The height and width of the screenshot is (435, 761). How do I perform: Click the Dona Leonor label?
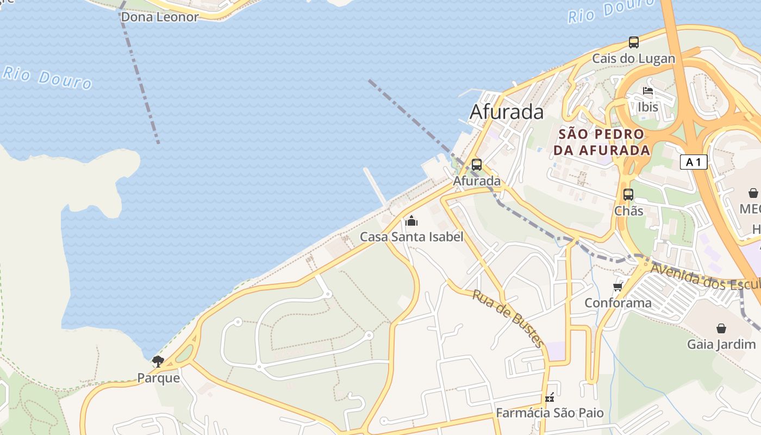pyautogui.click(x=159, y=17)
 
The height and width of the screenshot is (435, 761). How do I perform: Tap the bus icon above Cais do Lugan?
pyautogui.click(x=633, y=42)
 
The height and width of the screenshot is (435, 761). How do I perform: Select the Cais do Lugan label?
pyautogui.click(x=633, y=59)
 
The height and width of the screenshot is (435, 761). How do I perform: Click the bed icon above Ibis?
pyautogui.click(x=647, y=91)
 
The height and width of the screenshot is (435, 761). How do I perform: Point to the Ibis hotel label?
pyautogui.click(x=648, y=107)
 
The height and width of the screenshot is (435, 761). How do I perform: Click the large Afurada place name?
pyautogui.click(x=506, y=112)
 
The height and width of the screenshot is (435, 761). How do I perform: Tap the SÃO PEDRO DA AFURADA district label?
pyautogui.click(x=601, y=142)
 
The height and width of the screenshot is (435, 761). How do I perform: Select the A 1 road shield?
pyautogui.click(x=693, y=162)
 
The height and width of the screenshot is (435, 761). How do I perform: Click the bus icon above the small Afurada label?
pyautogui.click(x=477, y=164)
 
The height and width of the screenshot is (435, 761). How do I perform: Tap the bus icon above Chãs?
pyautogui.click(x=628, y=194)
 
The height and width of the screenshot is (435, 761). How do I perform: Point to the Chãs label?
pyautogui.click(x=628, y=211)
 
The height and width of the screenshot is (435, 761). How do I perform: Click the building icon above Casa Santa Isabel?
pyautogui.click(x=411, y=220)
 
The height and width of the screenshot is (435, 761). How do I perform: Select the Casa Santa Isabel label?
pyautogui.click(x=411, y=237)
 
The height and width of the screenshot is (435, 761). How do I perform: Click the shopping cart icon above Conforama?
pyautogui.click(x=617, y=287)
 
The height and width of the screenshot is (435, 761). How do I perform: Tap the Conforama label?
pyautogui.click(x=617, y=303)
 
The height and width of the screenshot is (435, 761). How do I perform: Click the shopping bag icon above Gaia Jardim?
pyautogui.click(x=721, y=328)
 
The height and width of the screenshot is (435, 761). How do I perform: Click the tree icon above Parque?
pyautogui.click(x=158, y=361)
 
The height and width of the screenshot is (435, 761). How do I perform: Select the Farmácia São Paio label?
pyautogui.click(x=550, y=413)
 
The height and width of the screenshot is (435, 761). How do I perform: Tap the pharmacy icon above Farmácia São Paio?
pyautogui.click(x=550, y=397)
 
